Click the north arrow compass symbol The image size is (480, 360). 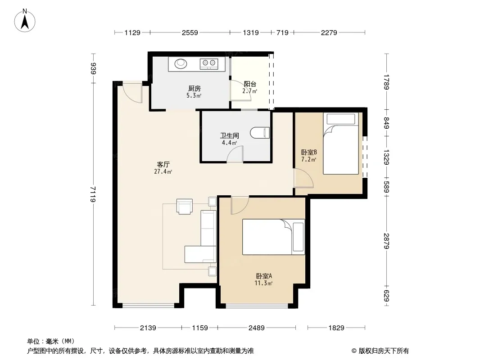point(25,21)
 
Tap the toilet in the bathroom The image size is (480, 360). point(260,133)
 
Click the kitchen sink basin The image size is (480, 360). point(181,63)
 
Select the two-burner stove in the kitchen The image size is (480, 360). point(209,63)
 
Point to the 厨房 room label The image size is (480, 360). point(195,88)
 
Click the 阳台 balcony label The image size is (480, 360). point(250,84)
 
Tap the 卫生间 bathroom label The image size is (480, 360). point(230,135)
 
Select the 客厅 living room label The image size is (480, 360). point(163,165)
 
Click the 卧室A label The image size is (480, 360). point(263,276)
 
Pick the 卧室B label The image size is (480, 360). point(309,152)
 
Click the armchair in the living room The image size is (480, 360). point(185,207)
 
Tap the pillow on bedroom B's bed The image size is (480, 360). point(341,119)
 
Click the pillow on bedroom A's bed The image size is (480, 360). point(298,237)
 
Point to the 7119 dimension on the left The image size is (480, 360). point(93,194)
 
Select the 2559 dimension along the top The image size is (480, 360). point(190,32)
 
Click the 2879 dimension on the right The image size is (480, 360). point(386,241)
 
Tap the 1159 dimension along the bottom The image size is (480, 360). point(200,328)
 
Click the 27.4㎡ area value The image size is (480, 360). point(163,171)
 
